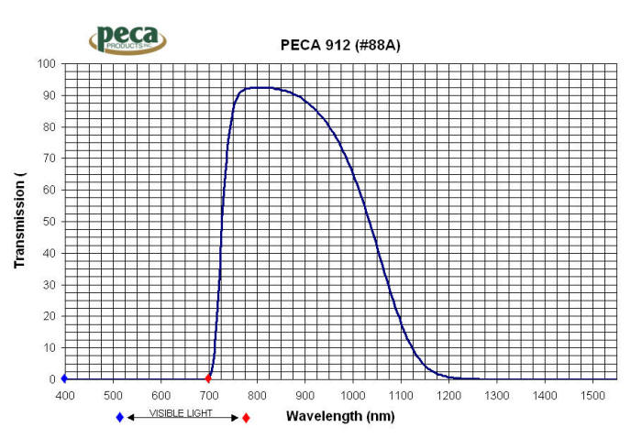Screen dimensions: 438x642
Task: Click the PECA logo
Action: [128, 39]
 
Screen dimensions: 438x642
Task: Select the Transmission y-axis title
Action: [19, 220]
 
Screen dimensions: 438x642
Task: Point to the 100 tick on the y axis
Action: [46, 64]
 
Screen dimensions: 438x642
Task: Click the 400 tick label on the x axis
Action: [64, 395]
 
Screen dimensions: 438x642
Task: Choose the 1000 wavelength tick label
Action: [353, 395]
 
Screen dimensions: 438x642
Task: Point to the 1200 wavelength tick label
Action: [449, 395]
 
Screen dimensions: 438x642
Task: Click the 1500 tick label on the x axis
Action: [593, 395]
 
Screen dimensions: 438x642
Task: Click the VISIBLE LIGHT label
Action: [182, 413]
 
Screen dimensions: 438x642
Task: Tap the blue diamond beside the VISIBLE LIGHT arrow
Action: [119, 417]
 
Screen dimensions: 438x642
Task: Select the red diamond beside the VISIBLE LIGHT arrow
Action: [246, 417]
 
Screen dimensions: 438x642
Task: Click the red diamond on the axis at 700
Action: [208, 378]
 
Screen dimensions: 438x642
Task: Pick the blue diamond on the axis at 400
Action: [64, 378]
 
